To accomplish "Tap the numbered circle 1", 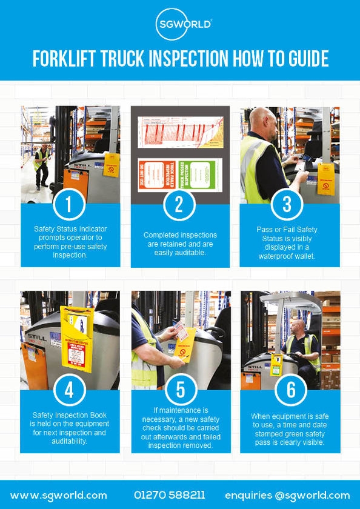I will click(x=68, y=204).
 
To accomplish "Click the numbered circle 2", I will click(x=179, y=204).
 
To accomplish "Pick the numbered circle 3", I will click(x=288, y=204).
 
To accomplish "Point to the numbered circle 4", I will click(x=68, y=390).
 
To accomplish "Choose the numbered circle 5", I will click(x=180, y=390).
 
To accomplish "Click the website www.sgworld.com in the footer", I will click(x=59, y=495).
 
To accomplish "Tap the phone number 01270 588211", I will click(x=169, y=495).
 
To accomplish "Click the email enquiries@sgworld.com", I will click(x=287, y=495).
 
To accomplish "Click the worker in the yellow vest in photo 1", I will click(x=41, y=164).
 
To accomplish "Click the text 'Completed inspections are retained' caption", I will click(x=180, y=243).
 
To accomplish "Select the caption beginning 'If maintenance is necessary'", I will click(x=180, y=427).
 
